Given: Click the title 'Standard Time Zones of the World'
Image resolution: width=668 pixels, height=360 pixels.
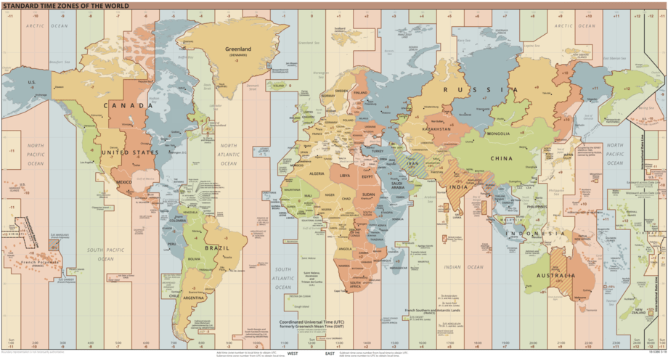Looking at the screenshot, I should [66, 6].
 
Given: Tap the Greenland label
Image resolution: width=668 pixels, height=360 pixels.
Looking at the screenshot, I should [237, 49].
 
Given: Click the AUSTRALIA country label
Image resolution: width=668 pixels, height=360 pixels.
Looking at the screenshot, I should [556, 276].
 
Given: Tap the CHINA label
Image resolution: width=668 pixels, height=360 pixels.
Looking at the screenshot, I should [500, 158].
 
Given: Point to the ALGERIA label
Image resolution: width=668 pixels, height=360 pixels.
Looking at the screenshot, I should [317, 174].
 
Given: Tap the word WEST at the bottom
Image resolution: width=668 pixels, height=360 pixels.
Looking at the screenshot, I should [293, 353].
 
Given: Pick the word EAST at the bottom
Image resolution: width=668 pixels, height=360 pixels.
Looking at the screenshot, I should [330, 353].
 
